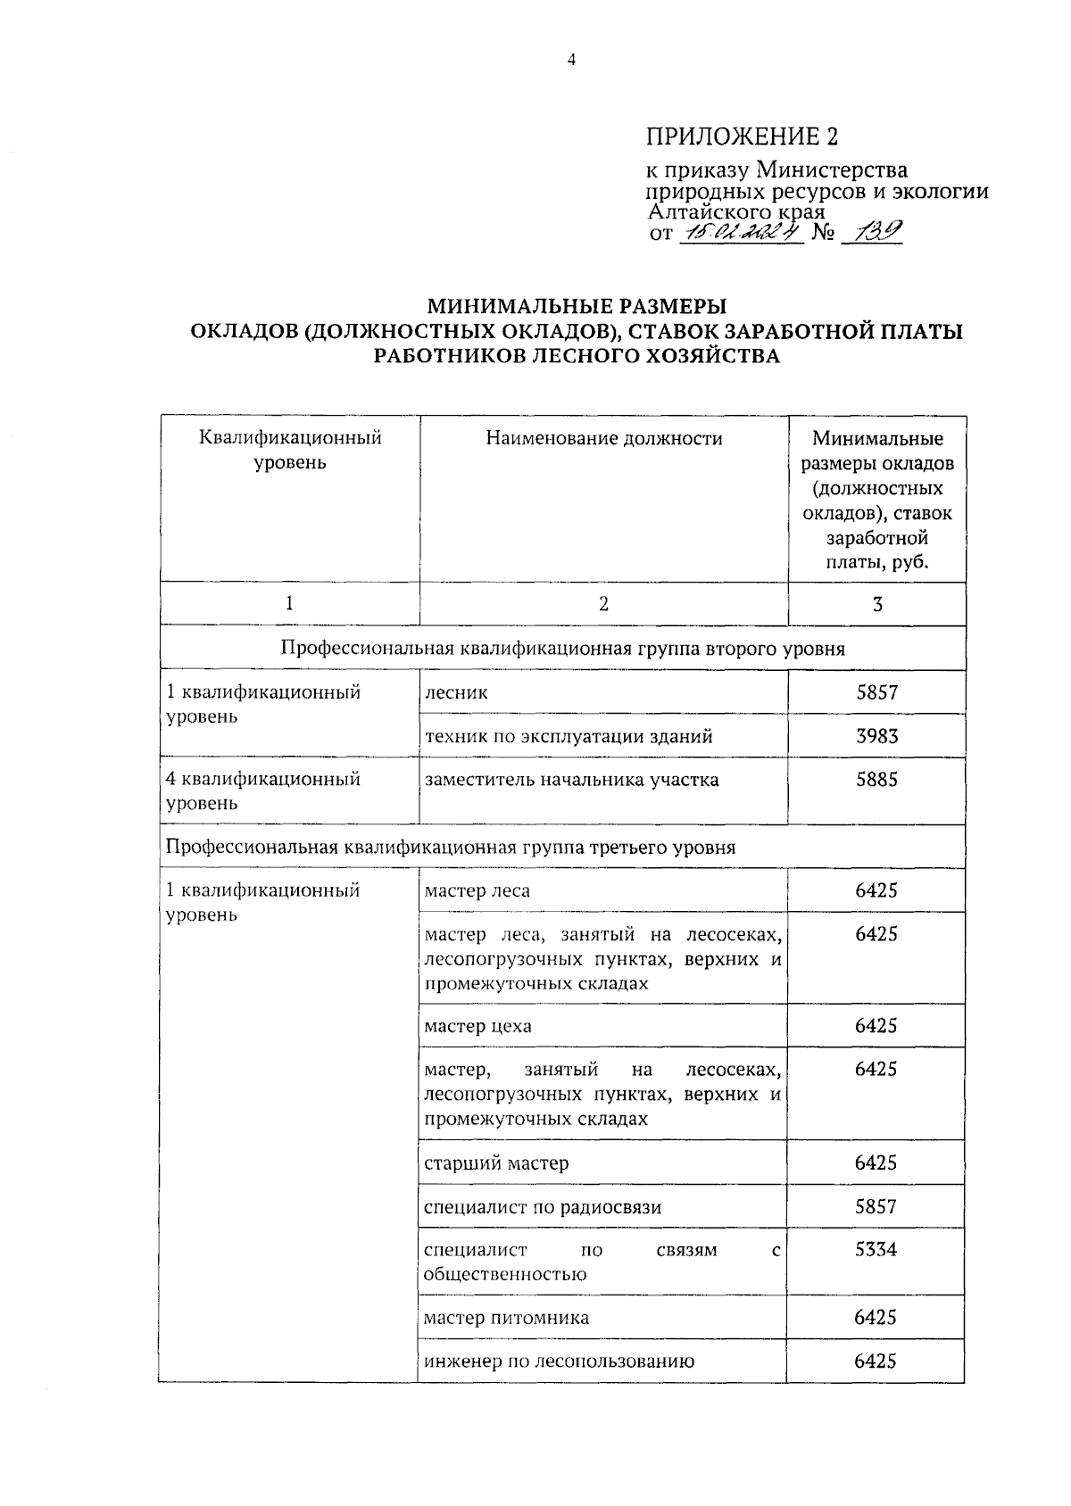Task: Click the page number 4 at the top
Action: click(572, 61)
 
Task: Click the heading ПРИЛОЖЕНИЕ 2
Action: click(742, 137)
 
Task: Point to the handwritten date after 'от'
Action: click(741, 233)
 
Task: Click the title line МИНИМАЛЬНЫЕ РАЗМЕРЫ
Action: click(576, 307)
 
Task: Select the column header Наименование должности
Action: click(603, 438)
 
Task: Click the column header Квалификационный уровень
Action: click(290, 450)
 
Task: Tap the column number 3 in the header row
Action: click(876, 604)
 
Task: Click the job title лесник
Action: click(456, 692)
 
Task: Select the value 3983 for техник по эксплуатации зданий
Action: click(876, 736)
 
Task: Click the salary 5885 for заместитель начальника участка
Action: click(876, 780)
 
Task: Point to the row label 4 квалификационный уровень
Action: click(264, 790)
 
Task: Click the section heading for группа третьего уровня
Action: click(451, 847)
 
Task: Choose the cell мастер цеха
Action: click(477, 1026)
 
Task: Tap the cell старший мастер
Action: click(496, 1163)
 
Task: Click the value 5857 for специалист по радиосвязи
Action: click(876, 1207)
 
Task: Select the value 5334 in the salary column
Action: click(876, 1250)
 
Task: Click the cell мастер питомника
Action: click(506, 1318)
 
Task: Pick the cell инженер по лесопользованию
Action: click(559, 1361)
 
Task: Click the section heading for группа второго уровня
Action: click(562, 649)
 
